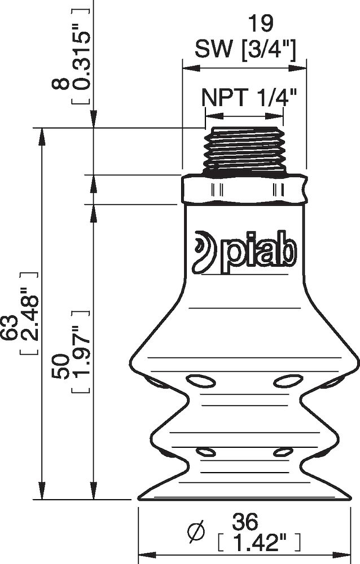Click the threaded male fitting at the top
pos(244,149)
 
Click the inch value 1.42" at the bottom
pos(258,543)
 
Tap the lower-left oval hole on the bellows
pos(205,452)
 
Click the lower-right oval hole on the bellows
pos(283,452)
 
